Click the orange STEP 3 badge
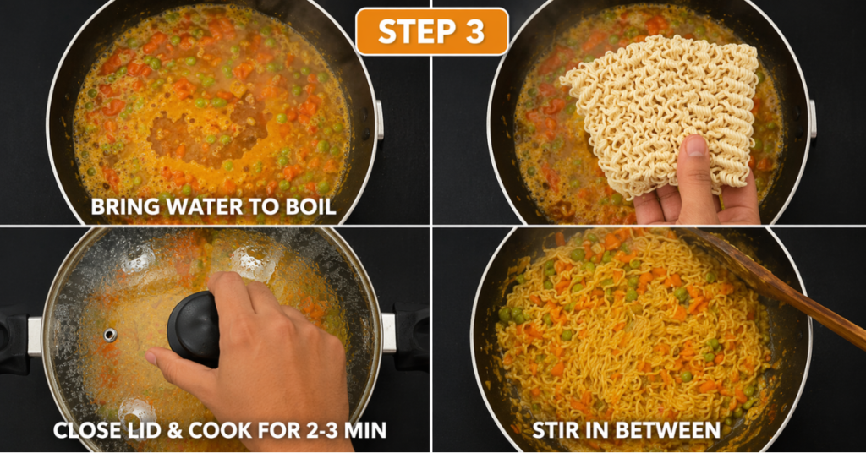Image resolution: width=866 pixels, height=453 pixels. click(432, 31)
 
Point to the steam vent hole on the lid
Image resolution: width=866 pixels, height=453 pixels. click(110, 335)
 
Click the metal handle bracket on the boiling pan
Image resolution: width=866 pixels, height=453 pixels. click(380, 119)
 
